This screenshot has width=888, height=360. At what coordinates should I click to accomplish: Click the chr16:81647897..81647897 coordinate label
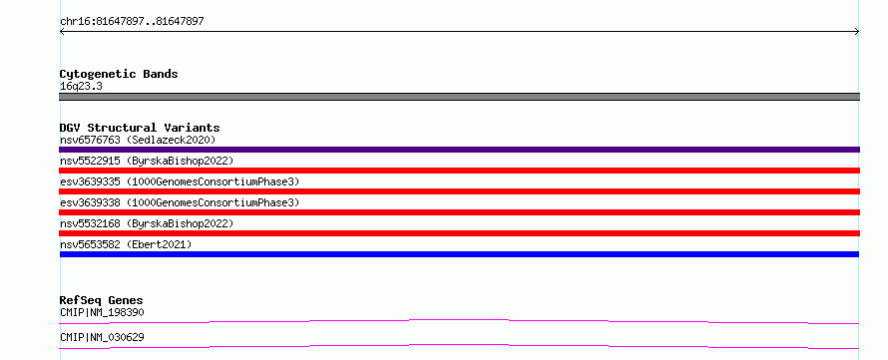(132, 22)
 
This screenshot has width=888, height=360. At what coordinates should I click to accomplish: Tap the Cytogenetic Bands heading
(119, 74)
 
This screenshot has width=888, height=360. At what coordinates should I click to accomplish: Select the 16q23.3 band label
(81, 87)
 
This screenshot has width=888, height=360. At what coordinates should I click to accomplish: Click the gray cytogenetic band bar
(459, 97)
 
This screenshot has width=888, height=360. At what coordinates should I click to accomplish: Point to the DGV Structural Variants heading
(140, 128)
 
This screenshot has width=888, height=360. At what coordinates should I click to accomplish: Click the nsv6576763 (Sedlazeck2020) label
(138, 140)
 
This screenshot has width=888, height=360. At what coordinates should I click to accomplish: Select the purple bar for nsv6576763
(459, 150)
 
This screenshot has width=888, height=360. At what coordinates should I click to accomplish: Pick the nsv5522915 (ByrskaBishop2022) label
(147, 161)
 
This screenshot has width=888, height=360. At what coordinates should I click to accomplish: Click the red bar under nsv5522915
(459, 171)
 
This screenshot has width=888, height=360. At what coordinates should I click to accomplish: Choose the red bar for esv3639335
(459, 191)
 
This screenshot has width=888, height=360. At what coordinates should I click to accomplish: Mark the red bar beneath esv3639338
(459, 212)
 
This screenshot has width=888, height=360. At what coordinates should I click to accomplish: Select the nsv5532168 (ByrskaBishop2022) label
(147, 223)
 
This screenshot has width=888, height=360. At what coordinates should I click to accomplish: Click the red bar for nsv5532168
(459, 233)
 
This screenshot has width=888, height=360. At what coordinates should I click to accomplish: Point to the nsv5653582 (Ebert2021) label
(126, 244)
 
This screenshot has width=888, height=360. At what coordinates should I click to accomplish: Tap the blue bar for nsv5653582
(459, 254)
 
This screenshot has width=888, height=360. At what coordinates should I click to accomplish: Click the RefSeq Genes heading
(102, 300)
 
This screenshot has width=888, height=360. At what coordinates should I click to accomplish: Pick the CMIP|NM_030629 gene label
(102, 337)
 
